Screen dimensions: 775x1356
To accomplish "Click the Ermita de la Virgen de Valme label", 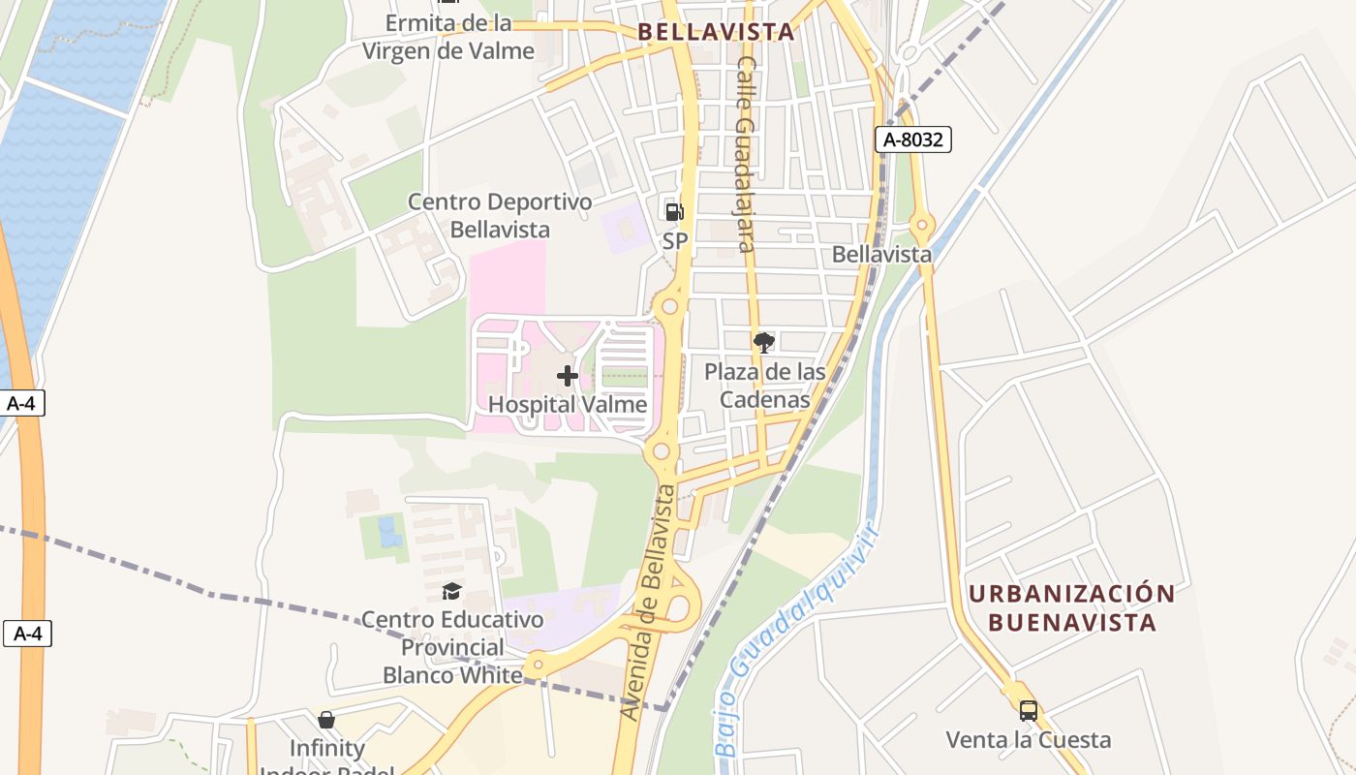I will (x=448, y=37).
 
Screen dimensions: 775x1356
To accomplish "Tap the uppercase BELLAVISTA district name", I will (x=716, y=32).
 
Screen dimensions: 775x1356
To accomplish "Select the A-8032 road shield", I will (x=913, y=139).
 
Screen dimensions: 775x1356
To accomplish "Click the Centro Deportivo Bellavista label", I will (x=500, y=216).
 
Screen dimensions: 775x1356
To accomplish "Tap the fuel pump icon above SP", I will (x=674, y=210).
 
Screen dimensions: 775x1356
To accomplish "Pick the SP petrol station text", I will (x=675, y=240).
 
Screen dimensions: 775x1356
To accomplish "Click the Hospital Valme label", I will (x=568, y=404).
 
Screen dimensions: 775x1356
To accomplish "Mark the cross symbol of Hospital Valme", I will (x=568, y=376).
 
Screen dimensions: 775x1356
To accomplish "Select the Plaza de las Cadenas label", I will (x=764, y=386).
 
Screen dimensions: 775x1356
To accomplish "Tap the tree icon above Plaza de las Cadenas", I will (x=764, y=342).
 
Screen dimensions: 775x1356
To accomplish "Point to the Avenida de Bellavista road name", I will (x=648, y=603).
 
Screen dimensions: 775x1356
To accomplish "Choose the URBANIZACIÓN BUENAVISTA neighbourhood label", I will (x=1072, y=607).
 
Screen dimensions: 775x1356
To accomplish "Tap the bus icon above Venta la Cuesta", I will (x=1029, y=711).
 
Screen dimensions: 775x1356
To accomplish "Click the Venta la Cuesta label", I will (x=1029, y=740).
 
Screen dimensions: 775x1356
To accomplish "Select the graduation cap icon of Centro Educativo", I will (x=452, y=591).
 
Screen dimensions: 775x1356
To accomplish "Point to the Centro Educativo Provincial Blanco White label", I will (x=452, y=646).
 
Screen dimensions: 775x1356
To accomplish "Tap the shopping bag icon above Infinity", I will (x=326, y=720).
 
